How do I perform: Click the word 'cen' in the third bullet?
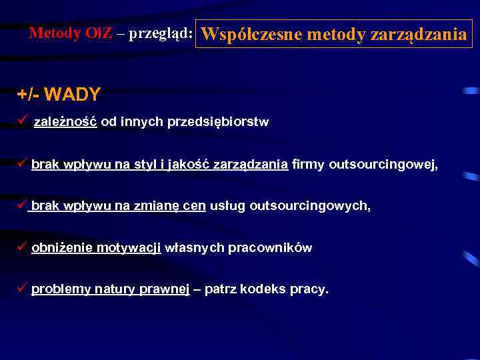point(195,206)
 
